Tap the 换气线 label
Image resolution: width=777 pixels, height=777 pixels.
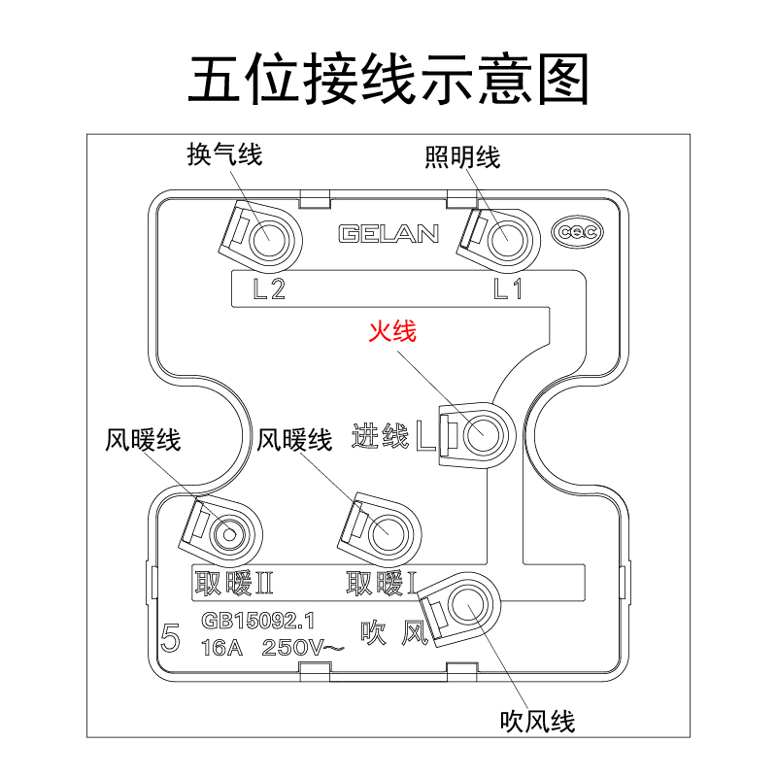[x=224, y=154]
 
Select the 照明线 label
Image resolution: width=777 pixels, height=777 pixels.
[x=462, y=156]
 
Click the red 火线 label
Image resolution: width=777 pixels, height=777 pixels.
[x=391, y=331]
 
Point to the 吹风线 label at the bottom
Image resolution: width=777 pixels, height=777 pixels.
[x=537, y=721]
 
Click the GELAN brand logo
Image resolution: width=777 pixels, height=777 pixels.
[x=388, y=234]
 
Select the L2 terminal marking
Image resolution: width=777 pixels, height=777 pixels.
[x=268, y=288]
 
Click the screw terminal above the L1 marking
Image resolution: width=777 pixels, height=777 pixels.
[x=505, y=236]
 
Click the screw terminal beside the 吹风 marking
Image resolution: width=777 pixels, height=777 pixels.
[x=466, y=606]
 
